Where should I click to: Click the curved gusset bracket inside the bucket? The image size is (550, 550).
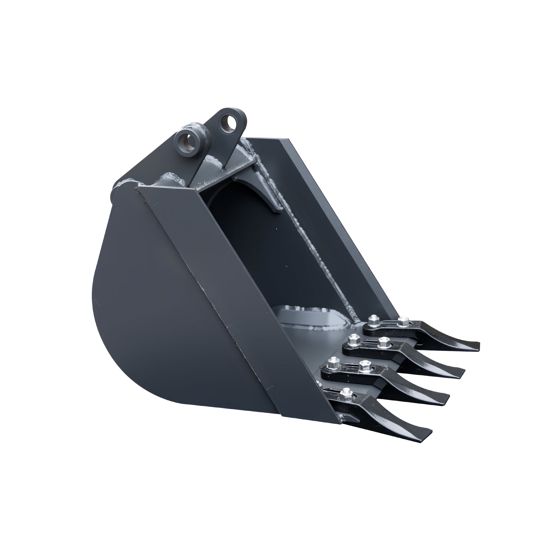[269, 196]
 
